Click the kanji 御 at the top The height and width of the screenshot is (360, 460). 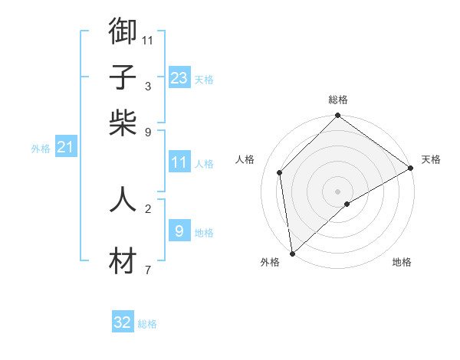tap(123, 31)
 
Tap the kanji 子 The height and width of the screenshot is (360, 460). tap(123, 77)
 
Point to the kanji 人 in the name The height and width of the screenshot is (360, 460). tap(123, 199)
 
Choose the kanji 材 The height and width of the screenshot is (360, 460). tap(123, 262)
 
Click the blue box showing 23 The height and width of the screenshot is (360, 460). tap(179, 78)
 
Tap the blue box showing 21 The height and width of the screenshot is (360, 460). tap(65, 147)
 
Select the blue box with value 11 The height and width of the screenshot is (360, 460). tap(179, 162)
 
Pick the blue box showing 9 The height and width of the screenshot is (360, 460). tap(179, 231)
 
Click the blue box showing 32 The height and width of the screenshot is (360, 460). tap(123, 322)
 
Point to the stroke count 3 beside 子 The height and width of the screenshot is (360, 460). tap(148, 86)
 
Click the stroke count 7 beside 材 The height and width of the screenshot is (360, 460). tap(148, 270)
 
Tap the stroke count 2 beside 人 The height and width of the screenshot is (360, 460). tap(148, 208)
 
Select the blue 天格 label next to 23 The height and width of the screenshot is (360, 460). tap(203, 80)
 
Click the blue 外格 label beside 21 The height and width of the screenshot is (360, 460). tap(41, 149)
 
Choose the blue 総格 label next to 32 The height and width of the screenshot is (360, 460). tap(147, 324)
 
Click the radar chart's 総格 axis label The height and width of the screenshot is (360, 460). tap(338, 100)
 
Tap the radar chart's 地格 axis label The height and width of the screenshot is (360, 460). tap(402, 262)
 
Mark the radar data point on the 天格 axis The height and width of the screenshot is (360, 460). tap(410, 169)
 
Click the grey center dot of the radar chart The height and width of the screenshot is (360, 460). tap(338, 191)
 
